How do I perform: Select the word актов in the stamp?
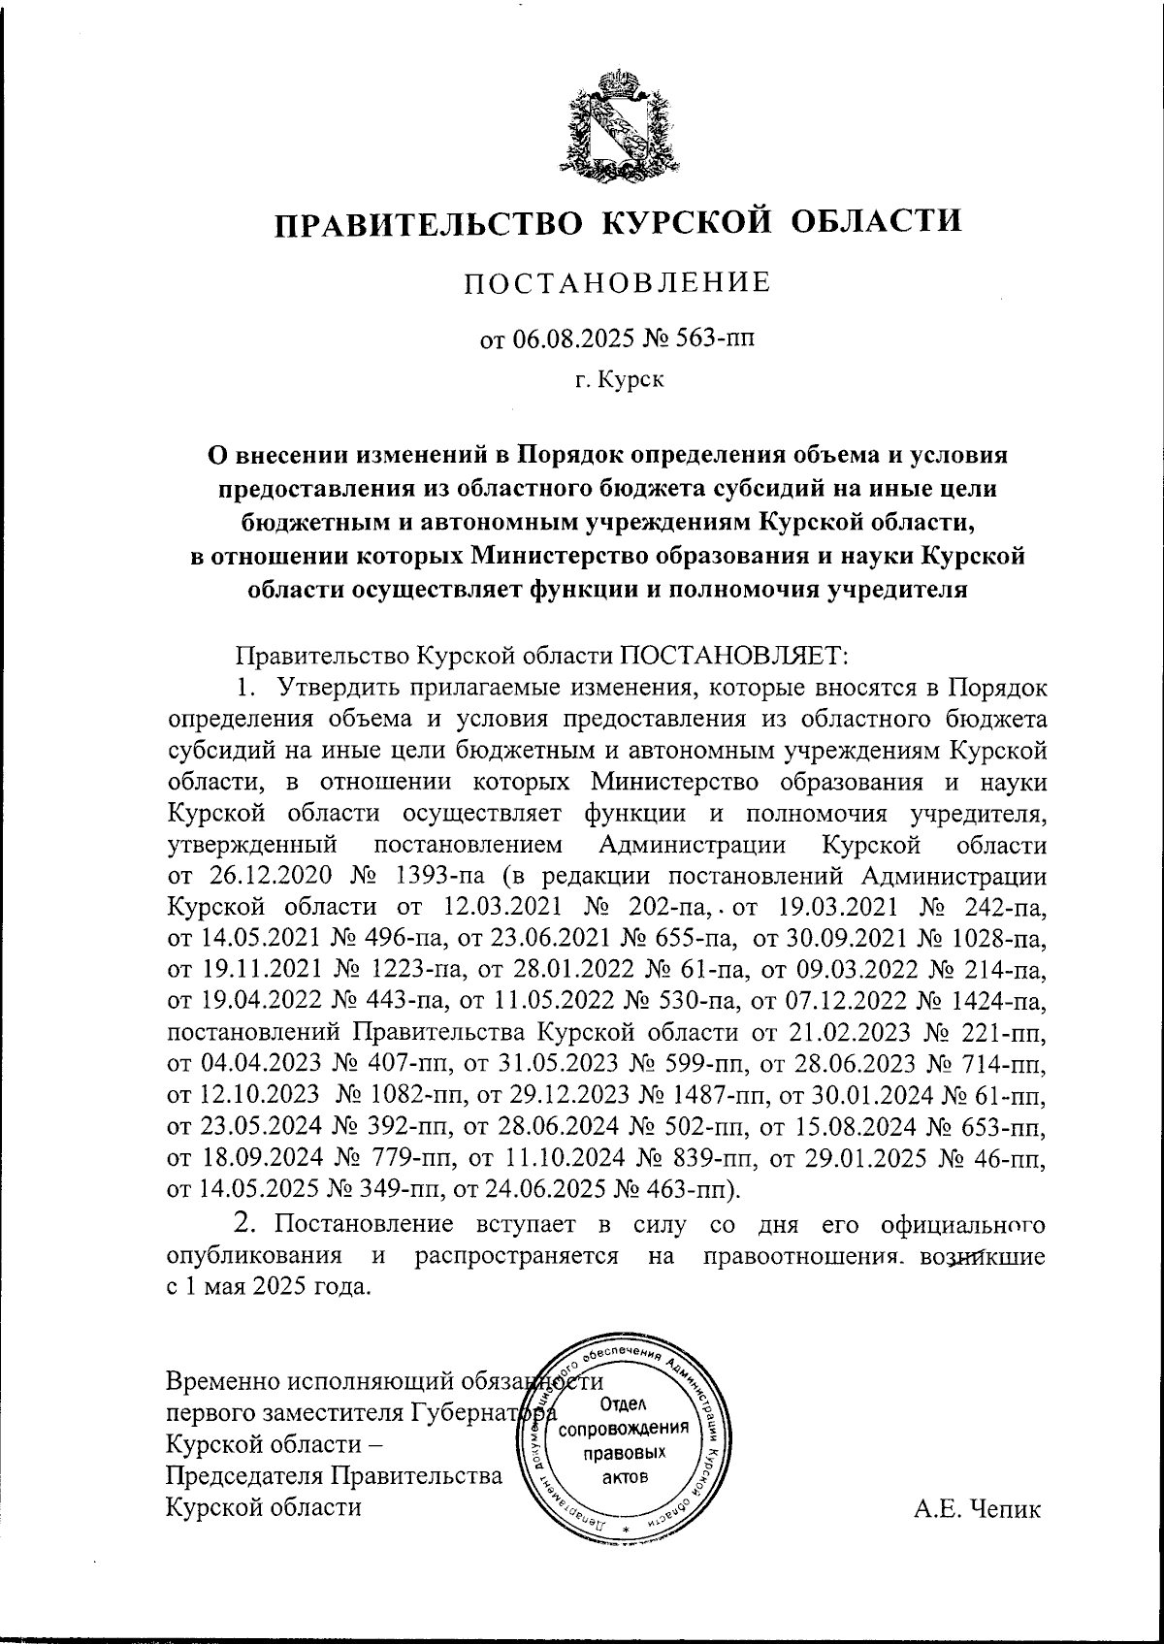(626, 1477)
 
